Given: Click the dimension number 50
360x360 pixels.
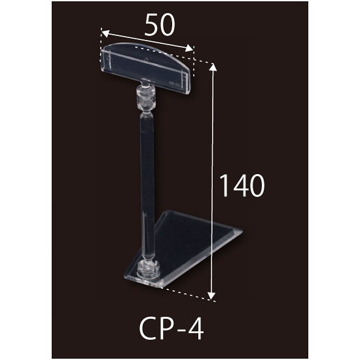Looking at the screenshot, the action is coord(160,25).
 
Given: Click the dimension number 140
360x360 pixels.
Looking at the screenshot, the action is coord(242,185).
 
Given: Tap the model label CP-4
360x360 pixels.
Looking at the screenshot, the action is coord(171,329).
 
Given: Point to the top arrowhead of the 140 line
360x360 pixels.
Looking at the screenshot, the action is coord(213,67).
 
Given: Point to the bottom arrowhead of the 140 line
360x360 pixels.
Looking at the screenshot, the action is coord(211,296).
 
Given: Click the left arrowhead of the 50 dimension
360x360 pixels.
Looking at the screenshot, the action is coord(105,33).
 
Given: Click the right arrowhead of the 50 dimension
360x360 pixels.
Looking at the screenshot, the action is coord(189,48).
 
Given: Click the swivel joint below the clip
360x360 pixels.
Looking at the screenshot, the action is coord(145,98).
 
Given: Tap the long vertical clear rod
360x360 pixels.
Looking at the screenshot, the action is coord(147,184).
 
